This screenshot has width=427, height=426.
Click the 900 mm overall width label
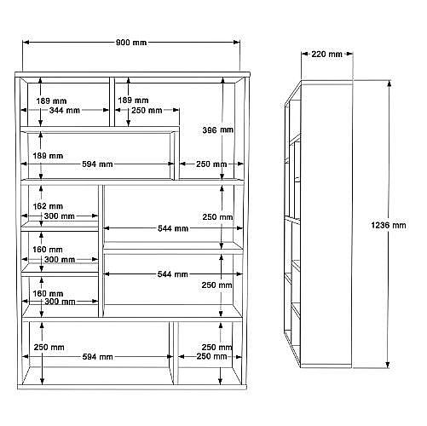[x=131, y=43]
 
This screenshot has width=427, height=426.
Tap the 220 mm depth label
[x=326, y=54]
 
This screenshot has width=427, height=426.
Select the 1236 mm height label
[x=389, y=225]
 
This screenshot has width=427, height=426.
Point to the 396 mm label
[x=217, y=130]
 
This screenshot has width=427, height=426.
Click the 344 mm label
[x=65, y=110]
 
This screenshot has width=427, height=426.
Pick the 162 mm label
[x=48, y=206]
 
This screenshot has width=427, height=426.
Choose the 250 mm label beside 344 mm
[x=147, y=110]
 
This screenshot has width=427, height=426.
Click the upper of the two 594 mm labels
[x=97, y=164]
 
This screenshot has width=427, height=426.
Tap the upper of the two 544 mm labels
[x=173, y=228]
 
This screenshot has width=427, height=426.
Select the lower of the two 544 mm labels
[x=173, y=274]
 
